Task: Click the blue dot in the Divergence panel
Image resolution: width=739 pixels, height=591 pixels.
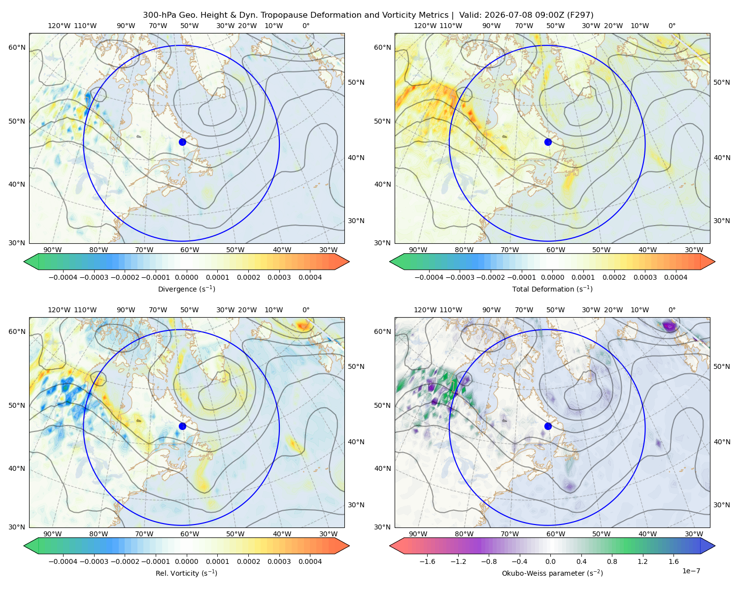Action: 182,142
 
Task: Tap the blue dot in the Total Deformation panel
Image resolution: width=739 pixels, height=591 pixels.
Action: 548,142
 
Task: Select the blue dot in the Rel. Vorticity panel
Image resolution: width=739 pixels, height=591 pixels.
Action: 182,426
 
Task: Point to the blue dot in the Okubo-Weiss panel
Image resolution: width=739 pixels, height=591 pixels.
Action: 548,426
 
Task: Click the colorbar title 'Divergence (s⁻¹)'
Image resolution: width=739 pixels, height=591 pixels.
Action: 186,289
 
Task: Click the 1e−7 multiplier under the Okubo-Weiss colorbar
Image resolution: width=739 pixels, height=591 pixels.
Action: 691,571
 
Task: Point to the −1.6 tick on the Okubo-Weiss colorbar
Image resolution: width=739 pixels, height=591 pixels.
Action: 427,561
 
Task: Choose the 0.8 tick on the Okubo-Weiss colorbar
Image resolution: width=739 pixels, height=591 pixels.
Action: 612,561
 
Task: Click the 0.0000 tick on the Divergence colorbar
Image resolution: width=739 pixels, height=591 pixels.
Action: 186,277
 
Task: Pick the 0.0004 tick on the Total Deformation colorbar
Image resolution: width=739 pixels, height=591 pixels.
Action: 675,277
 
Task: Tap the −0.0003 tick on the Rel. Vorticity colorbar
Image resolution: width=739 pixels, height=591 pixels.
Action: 94,561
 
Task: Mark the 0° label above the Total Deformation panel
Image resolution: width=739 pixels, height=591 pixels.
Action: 672,26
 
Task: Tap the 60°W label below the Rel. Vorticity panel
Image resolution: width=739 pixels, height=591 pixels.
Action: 190,534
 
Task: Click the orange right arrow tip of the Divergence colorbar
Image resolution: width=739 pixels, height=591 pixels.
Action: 349,262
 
